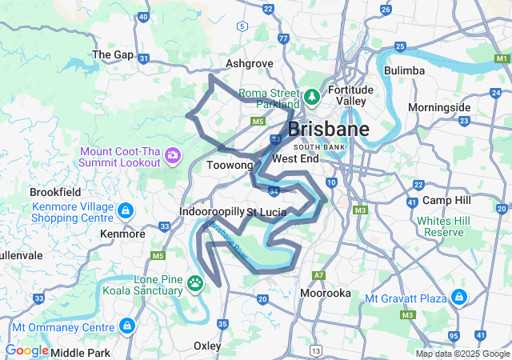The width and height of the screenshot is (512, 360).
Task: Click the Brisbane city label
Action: (x=328, y=130)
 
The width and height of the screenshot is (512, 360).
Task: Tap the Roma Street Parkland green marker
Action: (x=311, y=98)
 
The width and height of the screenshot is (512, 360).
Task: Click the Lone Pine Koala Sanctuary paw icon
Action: (x=195, y=282)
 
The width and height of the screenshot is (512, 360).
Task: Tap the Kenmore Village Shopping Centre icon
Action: (x=125, y=211)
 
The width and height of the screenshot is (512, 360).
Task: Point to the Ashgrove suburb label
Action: (x=249, y=63)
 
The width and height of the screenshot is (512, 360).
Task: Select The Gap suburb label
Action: (x=113, y=54)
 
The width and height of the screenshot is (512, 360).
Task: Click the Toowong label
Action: (x=230, y=165)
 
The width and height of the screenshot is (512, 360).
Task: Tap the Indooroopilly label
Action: (x=211, y=211)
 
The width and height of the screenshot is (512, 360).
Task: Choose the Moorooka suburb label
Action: (x=325, y=294)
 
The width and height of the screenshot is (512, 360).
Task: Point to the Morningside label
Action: (x=439, y=107)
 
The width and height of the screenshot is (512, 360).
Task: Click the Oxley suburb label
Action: (x=208, y=345)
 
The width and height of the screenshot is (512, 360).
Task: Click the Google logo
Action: (x=26, y=350)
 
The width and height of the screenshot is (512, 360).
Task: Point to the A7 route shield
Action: (x=319, y=275)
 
